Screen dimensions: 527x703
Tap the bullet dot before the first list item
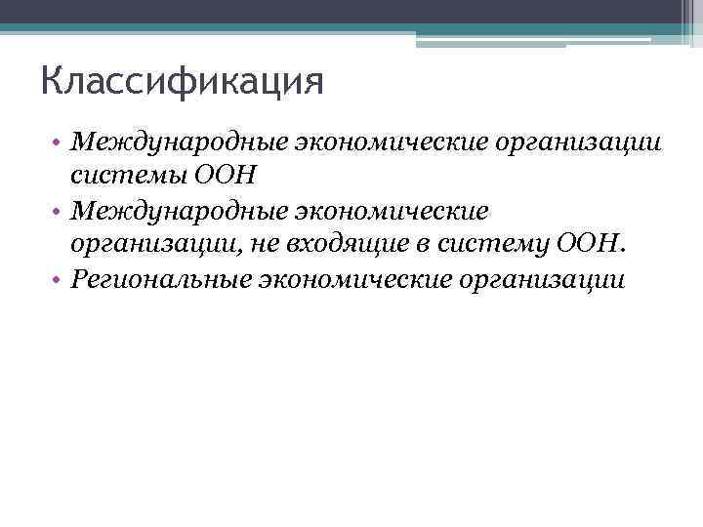[x=60, y=143]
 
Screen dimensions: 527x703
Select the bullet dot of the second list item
[x=60, y=212]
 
